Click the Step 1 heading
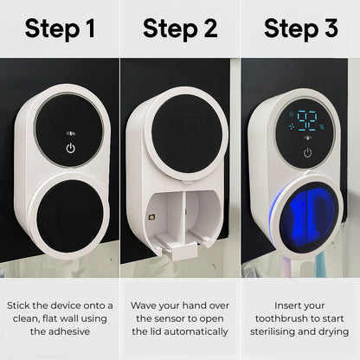pyautogui.click(x=60, y=29)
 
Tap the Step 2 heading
pyautogui.click(x=180, y=29)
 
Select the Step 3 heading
pyautogui.click(x=301, y=29)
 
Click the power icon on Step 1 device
pyautogui.click(x=71, y=148)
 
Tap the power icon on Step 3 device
pyautogui.click(x=308, y=152)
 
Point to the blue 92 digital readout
pyautogui.click(x=307, y=121)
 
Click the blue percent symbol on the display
pyautogui.click(x=322, y=126)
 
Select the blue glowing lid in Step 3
pyautogui.click(x=307, y=218)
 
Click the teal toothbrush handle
pyautogui.click(x=319, y=266)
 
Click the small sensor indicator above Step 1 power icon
pyautogui.click(x=71, y=133)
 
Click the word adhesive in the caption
pyautogui.click(x=69, y=331)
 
